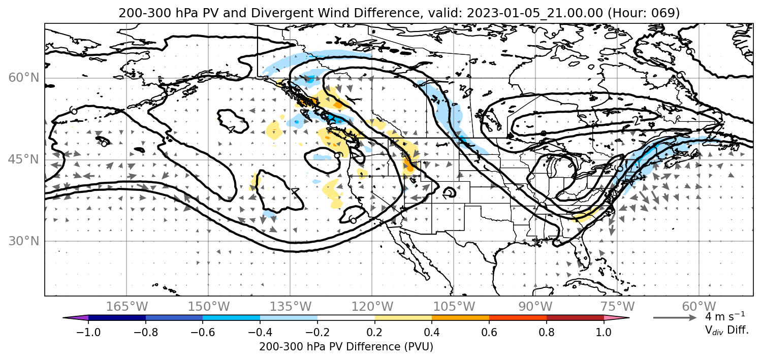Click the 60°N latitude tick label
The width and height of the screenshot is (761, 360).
(24, 78)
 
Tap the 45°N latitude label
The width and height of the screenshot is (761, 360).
(24, 159)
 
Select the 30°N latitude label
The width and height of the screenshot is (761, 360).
(24, 241)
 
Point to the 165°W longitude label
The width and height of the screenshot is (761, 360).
(126, 307)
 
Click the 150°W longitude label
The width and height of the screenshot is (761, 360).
(209, 307)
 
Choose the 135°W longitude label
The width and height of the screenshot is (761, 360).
(291, 307)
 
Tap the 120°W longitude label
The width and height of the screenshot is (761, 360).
(372, 307)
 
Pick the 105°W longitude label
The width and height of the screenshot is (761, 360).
(454, 307)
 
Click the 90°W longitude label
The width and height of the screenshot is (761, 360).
(535, 307)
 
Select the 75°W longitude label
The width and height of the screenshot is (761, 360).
(617, 307)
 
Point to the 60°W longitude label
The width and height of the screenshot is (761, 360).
(699, 307)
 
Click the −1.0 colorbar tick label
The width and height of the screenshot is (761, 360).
(88, 332)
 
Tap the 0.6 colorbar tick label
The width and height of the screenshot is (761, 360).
(489, 332)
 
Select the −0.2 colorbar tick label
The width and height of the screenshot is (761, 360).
(318, 332)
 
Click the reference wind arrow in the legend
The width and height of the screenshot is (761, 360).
(675, 318)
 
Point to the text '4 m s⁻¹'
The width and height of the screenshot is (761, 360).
(725, 316)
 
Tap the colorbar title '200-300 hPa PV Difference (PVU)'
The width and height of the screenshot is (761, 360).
(346, 347)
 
